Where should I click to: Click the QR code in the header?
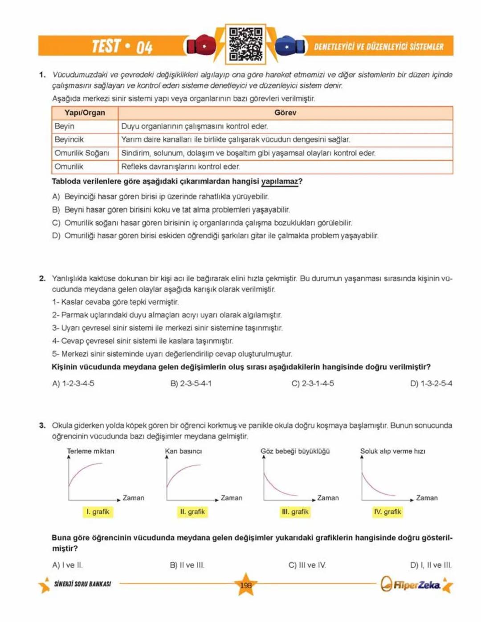pos(245,44)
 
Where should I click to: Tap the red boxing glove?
pos(201,45)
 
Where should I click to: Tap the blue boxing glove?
pos(290,45)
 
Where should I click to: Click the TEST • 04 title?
pos(122,46)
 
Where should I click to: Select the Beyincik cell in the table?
pos(69,140)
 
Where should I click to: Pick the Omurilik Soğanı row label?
pos(82,153)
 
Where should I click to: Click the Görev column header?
pos(285,113)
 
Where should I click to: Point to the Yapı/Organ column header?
pos(85,113)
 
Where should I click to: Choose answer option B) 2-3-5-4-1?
pos(191,383)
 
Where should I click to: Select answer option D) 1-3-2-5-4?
pos(431,383)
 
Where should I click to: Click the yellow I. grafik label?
pos(98,512)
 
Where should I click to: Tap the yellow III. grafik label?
pos(295,512)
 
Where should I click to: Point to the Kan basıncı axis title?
pos(183,451)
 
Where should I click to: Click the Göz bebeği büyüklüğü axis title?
pos(295,451)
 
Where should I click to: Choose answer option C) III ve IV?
pos(307,565)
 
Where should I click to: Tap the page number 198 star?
pos(245,585)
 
